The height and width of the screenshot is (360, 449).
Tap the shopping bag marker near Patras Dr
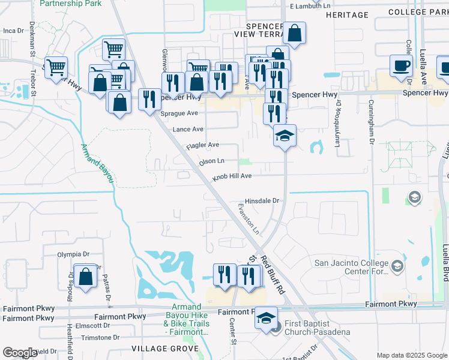pos(86,277)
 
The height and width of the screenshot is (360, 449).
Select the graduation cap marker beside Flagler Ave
pos(285,136)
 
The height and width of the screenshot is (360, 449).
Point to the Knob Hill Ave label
pos(232,176)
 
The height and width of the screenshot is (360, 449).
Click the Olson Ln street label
pos(212,161)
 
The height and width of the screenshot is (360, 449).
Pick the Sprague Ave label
pos(179,113)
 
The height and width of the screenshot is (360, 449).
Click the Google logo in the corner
pos(20,353)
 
